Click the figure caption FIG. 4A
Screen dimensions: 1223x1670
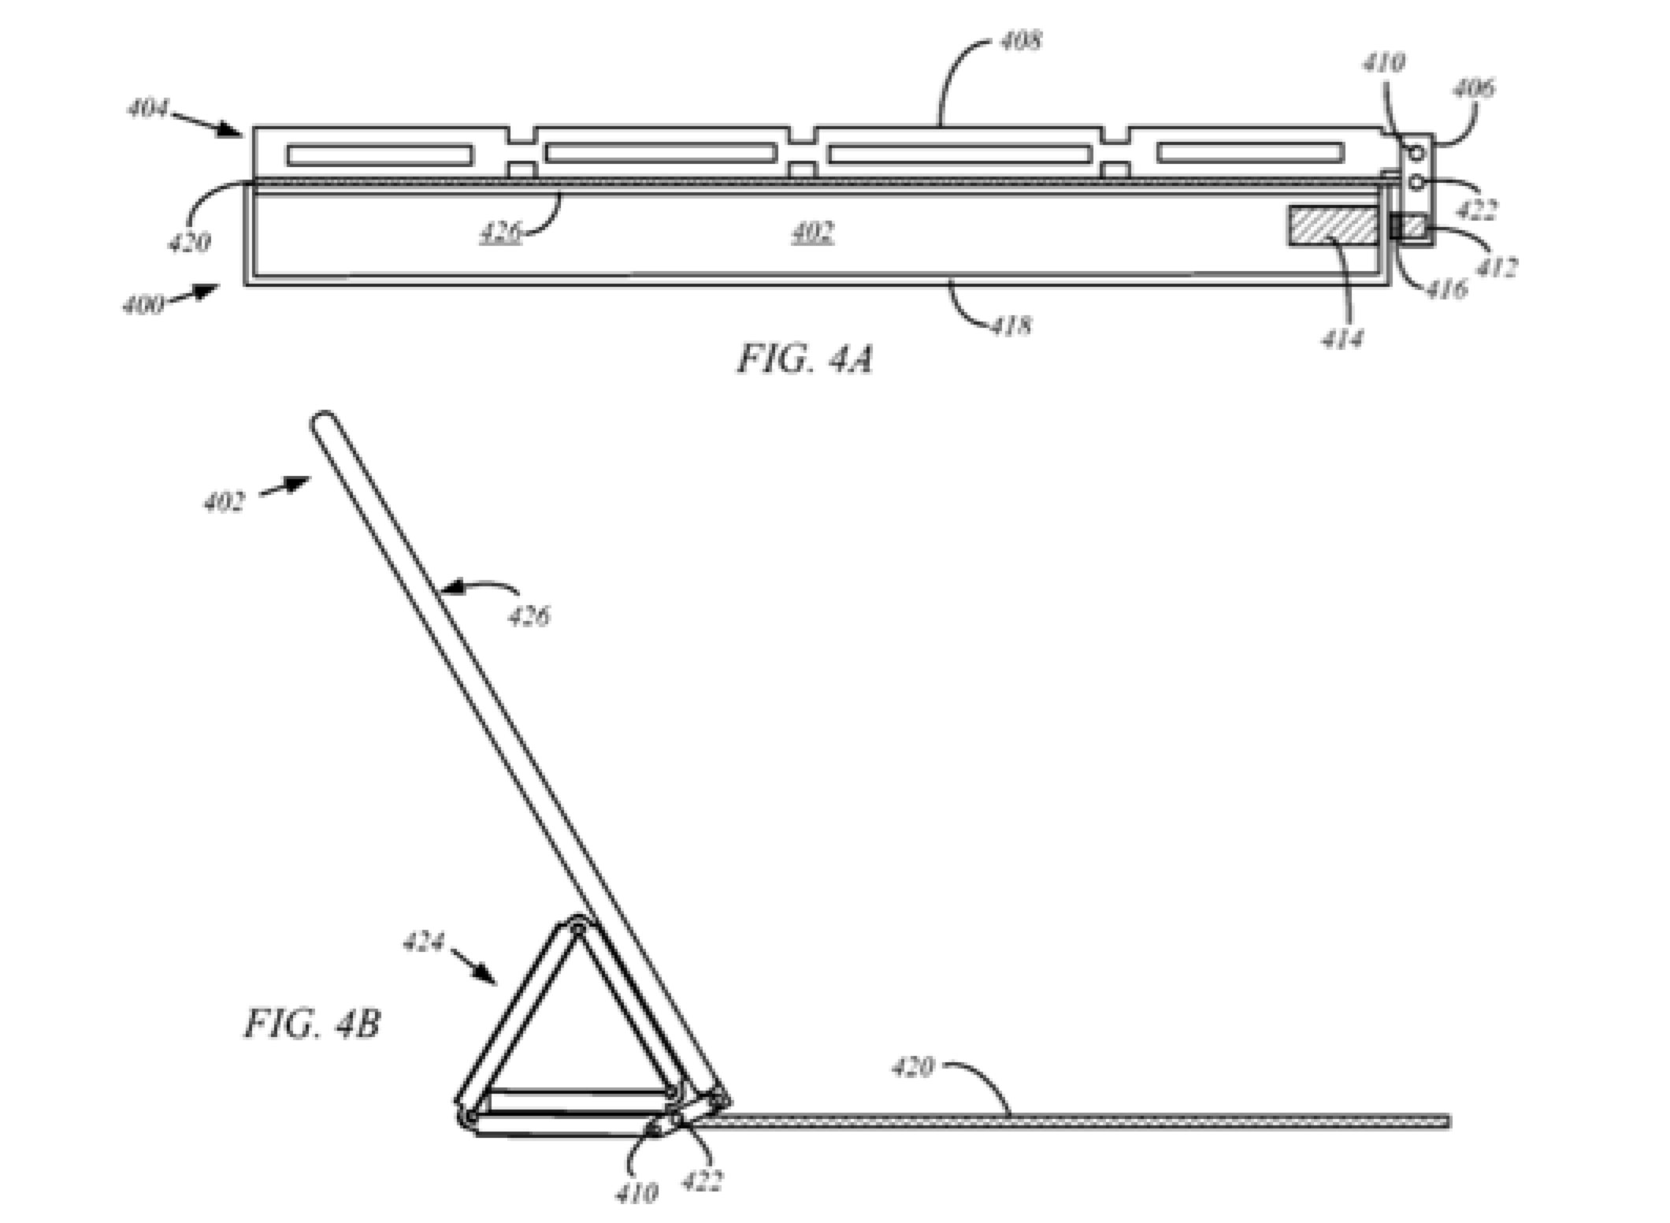(x=805, y=360)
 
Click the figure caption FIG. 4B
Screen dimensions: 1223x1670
(x=312, y=1024)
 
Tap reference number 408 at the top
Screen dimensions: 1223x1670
(x=1020, y=40)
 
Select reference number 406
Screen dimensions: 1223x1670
(x=1472, y=88)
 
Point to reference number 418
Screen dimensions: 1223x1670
(x=1011, y=325)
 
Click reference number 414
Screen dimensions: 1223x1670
(x=1342, y=339)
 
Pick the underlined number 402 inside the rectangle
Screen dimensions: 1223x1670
(x=812, y=232)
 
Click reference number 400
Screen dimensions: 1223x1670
(x=143, y=304)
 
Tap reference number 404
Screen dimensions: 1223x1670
(x=148, y=109)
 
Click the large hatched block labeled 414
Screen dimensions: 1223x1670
(x=1333, y=225)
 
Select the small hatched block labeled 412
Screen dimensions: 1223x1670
(x=1412, y=227)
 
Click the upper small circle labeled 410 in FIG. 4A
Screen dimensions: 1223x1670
(x=1416, y=152)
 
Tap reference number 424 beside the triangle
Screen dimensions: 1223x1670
(x=424, y=942)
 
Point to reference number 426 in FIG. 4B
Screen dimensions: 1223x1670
(x=529, y=615)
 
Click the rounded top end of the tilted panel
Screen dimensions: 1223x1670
(x=323, y=421)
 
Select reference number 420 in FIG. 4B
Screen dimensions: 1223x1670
(x=912, y=1068)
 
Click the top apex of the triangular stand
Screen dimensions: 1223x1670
(x=577, y=926)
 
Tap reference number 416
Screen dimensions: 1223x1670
(x=1446, y=289)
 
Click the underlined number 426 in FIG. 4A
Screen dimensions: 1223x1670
(x=500, y=232)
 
